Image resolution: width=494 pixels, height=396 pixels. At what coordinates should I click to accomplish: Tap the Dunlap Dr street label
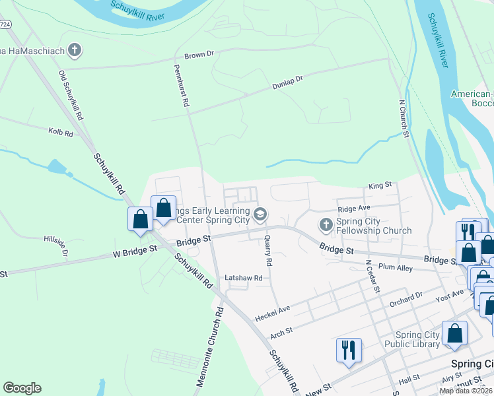287,82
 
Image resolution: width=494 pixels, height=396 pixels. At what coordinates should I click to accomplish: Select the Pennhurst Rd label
182,86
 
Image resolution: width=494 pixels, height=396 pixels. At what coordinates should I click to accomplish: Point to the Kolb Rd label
60,133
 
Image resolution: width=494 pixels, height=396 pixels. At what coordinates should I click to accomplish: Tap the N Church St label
404,119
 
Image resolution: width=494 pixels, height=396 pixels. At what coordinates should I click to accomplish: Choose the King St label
380,186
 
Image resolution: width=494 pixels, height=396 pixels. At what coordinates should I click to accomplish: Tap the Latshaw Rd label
244,278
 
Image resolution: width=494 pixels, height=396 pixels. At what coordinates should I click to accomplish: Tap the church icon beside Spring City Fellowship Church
325,225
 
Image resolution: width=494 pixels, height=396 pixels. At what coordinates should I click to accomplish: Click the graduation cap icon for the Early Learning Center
260,213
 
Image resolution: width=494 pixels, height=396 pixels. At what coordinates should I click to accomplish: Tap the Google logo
22,388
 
